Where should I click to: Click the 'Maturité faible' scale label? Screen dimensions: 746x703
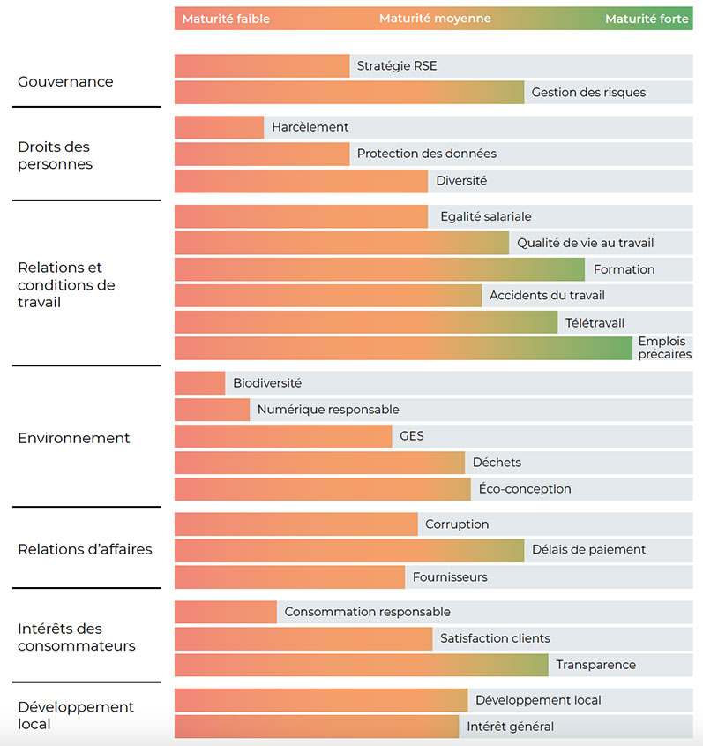[226, 19]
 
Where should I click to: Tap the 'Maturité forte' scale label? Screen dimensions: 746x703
[647, 19]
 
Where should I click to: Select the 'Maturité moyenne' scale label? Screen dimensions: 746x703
[435, 19]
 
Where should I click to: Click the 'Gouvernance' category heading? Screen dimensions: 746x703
[65, 81]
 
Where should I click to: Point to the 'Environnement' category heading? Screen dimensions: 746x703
[73, 438]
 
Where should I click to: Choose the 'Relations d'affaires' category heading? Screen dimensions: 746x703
[85, 549]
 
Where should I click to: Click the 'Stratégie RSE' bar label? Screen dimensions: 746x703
[396, 66]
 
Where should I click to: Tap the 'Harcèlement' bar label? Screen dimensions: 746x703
[310, 127]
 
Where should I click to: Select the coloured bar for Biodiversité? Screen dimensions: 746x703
[200, 383]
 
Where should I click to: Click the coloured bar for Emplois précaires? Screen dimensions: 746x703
[403, 348]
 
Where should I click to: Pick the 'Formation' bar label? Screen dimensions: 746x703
[624, 269]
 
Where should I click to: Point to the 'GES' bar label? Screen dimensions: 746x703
[411, 436]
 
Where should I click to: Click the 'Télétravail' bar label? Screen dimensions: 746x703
[595, 322]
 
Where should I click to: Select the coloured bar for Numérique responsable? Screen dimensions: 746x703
[212, 410]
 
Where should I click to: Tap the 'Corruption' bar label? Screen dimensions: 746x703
[456, 524]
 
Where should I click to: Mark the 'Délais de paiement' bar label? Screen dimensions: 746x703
[588, 550]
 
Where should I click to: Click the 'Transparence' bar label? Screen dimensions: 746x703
[595, 665]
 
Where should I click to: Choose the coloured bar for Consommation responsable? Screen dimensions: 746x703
[226, 612]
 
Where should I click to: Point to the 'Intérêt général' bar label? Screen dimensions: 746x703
[510, 727]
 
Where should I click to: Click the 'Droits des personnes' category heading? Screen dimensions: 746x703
[55, 155]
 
